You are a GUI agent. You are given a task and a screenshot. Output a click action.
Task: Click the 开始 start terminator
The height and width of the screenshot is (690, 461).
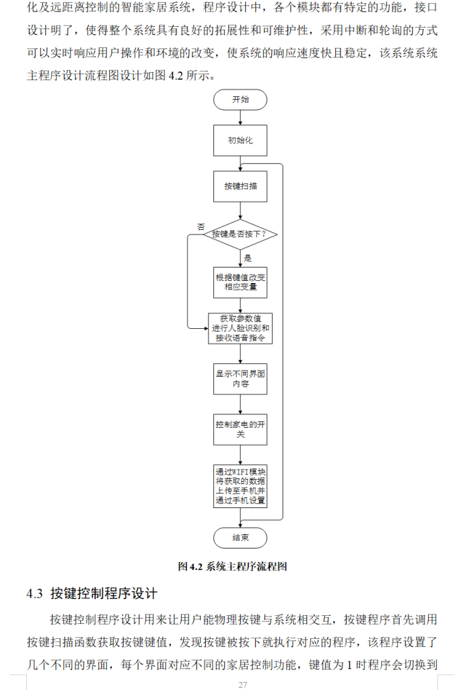(240, 99)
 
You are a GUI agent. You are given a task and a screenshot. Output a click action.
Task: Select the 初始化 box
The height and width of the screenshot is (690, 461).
(240, 141)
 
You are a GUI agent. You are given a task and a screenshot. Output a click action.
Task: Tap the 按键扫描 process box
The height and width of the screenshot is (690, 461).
(240, 185)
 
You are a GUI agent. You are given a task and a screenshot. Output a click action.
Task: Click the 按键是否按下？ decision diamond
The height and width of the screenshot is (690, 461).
(240, 234)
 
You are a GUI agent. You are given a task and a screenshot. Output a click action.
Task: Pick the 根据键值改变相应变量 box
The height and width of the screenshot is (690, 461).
(240, 282)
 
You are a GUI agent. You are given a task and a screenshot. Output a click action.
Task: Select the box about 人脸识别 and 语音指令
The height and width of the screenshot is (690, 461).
(240, 329)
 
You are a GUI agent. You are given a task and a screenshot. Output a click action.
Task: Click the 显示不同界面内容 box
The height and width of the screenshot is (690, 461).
(240, 378)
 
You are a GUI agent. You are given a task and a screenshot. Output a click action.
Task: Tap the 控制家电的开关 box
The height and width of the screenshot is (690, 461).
(240, 429)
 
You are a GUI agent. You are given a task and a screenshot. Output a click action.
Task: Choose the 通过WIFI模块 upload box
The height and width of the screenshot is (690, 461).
(240, 486)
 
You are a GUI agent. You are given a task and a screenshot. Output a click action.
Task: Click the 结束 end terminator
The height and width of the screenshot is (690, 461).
(240, 538)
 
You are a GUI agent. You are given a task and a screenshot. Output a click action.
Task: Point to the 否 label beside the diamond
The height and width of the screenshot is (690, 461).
(201, 226)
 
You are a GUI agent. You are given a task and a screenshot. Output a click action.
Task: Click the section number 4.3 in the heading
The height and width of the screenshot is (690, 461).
(35, 594)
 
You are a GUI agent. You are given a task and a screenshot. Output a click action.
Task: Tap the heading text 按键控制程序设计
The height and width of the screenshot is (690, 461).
(104, 594)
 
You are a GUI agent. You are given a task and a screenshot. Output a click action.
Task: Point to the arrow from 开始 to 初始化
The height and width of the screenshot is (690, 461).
(240, 117)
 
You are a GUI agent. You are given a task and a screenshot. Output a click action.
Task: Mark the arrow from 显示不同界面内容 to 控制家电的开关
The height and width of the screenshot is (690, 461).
(240, 404)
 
